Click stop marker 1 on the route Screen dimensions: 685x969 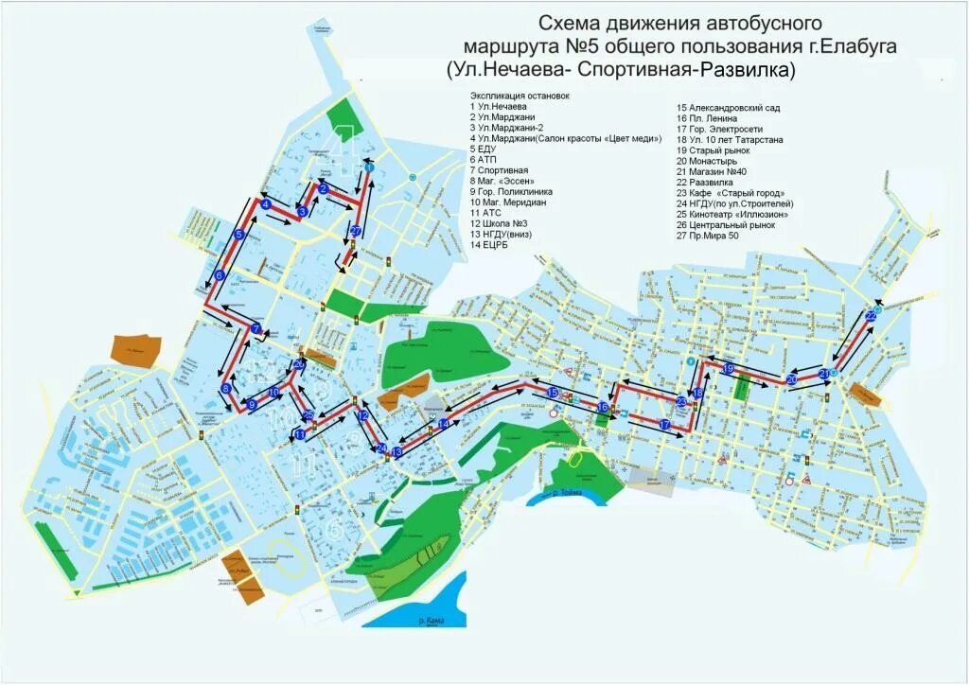pos(369,167)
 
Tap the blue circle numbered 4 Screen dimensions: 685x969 pos(266,204)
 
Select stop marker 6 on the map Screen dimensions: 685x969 pos(219,275)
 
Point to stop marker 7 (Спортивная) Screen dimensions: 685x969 pos(255,329)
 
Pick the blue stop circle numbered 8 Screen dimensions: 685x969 pos(225,389)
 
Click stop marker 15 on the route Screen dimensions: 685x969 pos(552,392)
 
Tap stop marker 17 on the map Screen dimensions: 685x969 pos(665,426)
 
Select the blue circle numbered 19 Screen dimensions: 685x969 pos(728,368)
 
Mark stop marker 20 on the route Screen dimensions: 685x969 pos(791,379)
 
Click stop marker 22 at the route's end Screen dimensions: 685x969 pos(871,316)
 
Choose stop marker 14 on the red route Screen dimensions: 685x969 pos(444,424)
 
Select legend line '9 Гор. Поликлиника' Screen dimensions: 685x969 pos(511,191)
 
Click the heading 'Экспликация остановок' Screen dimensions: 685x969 pos(520,96)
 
